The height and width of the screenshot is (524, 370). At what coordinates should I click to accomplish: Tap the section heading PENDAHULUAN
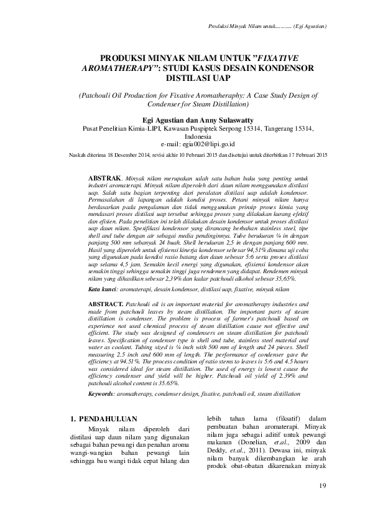tap(109, 418)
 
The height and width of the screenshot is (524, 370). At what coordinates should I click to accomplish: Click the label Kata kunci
tap(101, 289)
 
